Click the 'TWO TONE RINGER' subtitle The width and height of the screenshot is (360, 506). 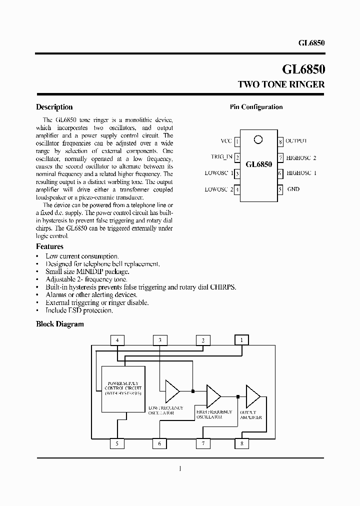[x=280, y=84]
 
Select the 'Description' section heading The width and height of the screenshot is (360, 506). [x=54, y=107]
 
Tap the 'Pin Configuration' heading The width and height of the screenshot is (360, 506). [x=256, y=107]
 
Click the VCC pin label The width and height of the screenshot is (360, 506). [x=226, y=141]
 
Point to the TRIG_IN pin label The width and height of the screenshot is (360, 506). [x=221, y=157]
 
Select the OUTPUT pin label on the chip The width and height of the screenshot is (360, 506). [x=296, y=141]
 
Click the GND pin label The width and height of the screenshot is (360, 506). [x=293, y=189]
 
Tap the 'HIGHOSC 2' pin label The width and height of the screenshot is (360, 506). [x=301, y=157]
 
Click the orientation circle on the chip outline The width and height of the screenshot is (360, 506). [x=258, y=139]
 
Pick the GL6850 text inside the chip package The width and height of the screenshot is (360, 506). [x=258, y=164]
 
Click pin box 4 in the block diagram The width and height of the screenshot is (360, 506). [x=117, y=340]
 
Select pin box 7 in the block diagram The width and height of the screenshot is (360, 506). [x=203, y=443]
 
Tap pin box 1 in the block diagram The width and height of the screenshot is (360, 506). [x=241, y=340]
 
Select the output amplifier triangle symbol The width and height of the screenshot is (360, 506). [x=252, y=396]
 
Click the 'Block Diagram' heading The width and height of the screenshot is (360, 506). [x=60, y=324]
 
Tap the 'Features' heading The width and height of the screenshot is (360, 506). [x=49, y=246]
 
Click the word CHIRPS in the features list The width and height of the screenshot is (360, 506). [x=223, y=287]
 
